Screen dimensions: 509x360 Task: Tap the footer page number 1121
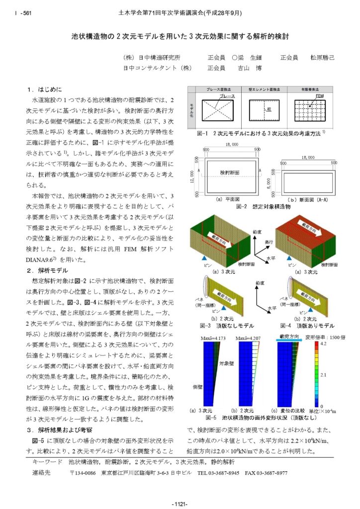pyautogui.click(x=180, y=503)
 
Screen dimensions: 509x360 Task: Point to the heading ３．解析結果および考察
pyautogui.click(x=62, y=429)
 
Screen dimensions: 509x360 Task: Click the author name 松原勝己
pyautogui.click(x=323, y=58)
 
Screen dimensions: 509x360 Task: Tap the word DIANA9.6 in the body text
pyautogui.click(x=41, y=260)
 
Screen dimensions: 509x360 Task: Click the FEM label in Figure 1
pyautogui.click(x=319, y=96)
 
